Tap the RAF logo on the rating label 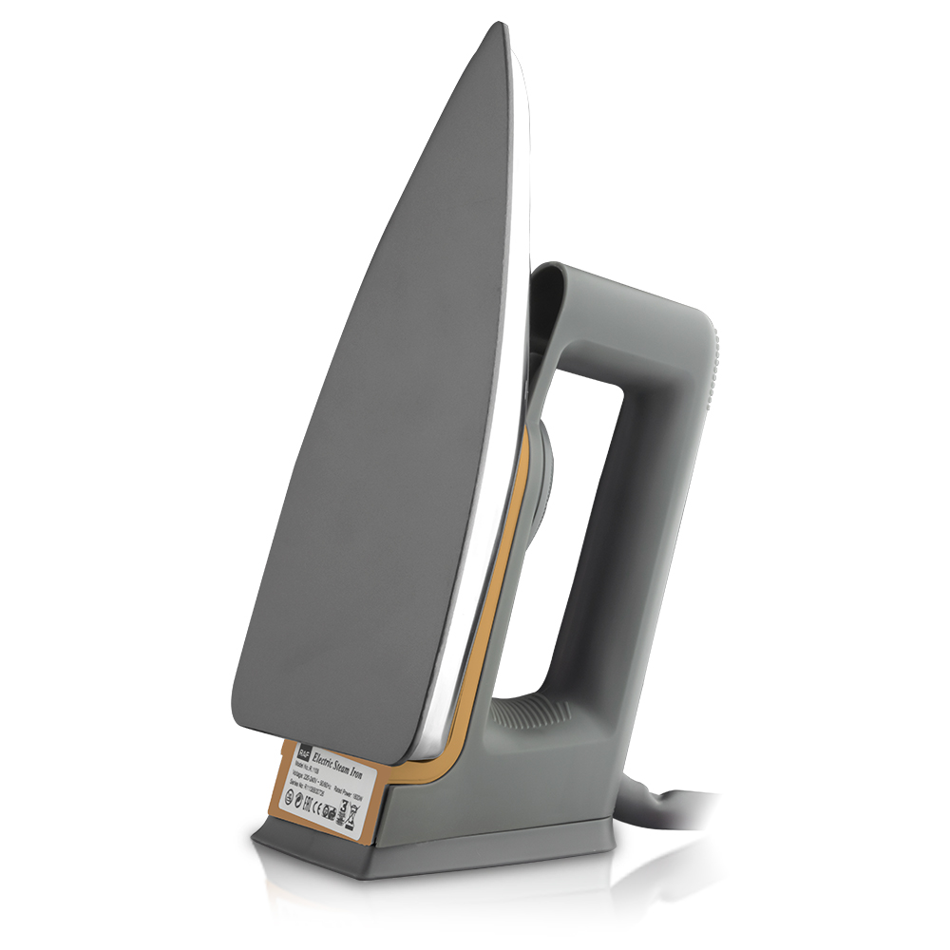tap(305, 752)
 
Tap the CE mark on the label tap(317, 809)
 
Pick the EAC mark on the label tap(308, 805)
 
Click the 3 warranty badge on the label tap(343, 809)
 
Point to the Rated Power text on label tap(348, 794)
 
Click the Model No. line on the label tap(307, 768)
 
